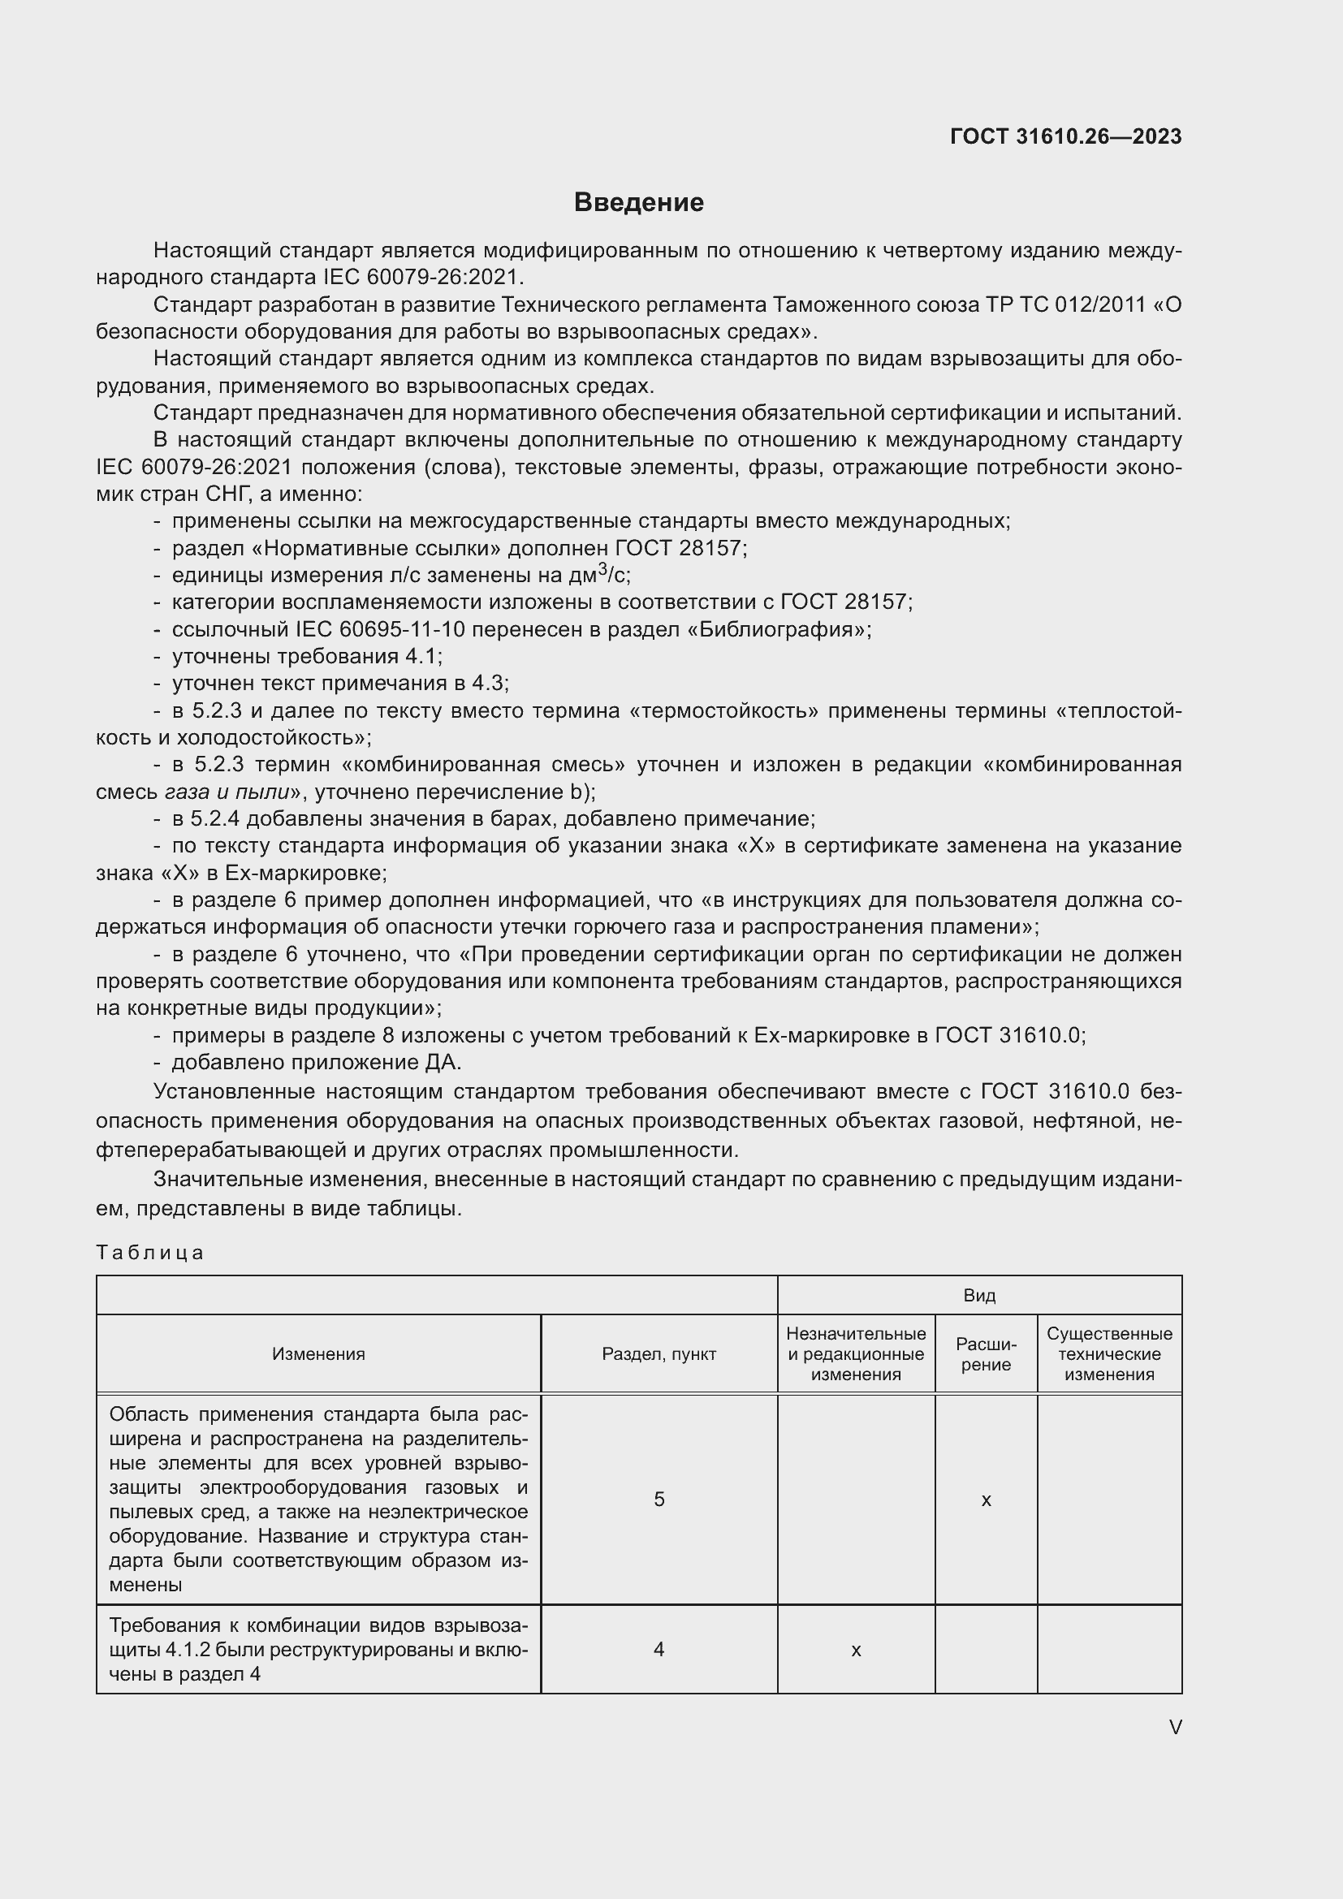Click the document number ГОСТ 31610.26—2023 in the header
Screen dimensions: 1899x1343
pyautogui.click(x=1065, y=136)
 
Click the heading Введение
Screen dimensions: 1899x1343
pyautogui.click(x=638, y=203)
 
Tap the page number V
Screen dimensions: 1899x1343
pyautogui.click(x=1175, y=1727)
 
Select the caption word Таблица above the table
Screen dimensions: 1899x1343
pyautogui.click(x=149, y=1252)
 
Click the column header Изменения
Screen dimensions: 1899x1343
pyautogui.click(x=318, y=1354)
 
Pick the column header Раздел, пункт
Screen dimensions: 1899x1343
pyautogui.click(x=659, y=1354)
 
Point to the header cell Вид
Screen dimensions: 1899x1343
pyautogui.click(x=979, y=1295)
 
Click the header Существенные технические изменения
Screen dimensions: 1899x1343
pyautogui.click(x=1109, y=1354)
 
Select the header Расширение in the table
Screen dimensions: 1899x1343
pyautogui.click(x=986, y=1354)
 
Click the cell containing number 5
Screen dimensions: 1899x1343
pyautogui.click(x=659, y=1499)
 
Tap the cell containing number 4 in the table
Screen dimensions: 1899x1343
pyautogui.click(x=659, y=1649)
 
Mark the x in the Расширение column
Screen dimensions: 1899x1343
pyautogui.click(x=986, y=1500)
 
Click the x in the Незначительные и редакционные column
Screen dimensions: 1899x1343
pyautogui.click(x=856, y=1650)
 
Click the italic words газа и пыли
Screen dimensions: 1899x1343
pyautogui.click(x=227, y=792)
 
